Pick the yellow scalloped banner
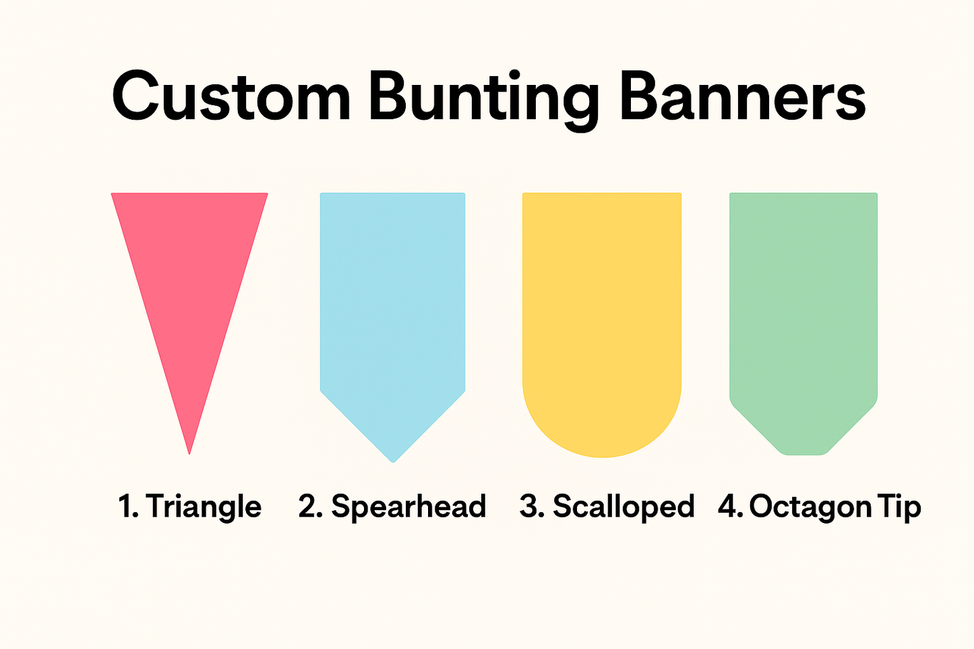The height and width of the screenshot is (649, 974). click(602, 303)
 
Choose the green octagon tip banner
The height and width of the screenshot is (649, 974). click(803, 303)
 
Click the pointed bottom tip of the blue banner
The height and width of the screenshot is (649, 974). click(393, 460)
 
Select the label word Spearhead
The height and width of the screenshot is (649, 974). click(408, 507)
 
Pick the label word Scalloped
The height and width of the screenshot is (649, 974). click(623, 507)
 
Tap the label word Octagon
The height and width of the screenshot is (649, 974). click(801, 507)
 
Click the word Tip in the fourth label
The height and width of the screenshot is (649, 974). click(898, 507)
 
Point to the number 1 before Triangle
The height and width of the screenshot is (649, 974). click(125, 507)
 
